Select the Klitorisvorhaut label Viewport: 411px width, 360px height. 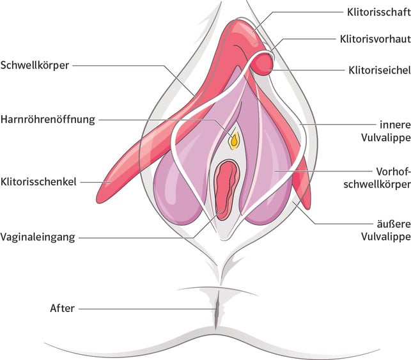click(x=374, y=38)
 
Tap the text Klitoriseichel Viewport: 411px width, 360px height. click(x=374, y=69)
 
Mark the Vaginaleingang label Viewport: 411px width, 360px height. click(x=38, y=237)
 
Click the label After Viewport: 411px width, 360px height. click(x=62, y=309)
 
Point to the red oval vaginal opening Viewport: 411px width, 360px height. click(x=226, y=189)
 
